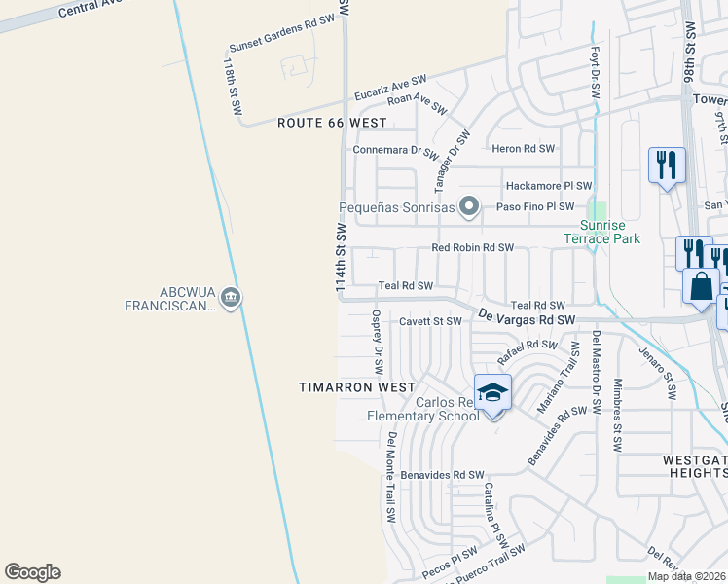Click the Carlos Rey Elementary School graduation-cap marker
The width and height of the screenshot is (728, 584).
pyautogui.click(x=492, y=391)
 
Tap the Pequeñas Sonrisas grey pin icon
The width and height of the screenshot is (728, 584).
pyautogui.click(x=469, y=206)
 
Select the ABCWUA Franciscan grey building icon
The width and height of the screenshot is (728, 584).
pyautogui.click(x=231, y=297)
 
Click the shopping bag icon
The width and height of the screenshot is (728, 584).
pyautogui.click(x=701, y=286)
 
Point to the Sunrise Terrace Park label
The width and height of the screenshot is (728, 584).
pyautogui.click(x=602, y=231)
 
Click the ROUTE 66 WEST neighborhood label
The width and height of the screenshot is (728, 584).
pyautogui.click(x=332, y=124)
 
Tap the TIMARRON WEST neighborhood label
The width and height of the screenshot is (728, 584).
pyautogui.click(x=356, y=387)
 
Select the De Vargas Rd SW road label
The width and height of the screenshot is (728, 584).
pyautogui.click(x=527, y=317)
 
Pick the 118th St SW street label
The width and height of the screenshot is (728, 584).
pyautogui.click(x=232, y=87)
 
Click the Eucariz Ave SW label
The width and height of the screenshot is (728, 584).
pyautogui.click(x=390, y=87)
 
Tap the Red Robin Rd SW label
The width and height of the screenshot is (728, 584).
pyautogui.click(x=472, y=248)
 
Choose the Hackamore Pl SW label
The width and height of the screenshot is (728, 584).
pyautogui.click(x=548, y=186)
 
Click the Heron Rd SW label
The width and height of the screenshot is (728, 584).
pyautogui.click(x=523, y=149)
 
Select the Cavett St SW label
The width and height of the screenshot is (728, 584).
pyautogui.click(x=430, y=320)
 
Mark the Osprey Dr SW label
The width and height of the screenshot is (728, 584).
pyautogui.click(x=377, y=343)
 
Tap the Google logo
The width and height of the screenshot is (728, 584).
pyautogui.click(x=32, y=572)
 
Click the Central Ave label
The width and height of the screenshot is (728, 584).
pyautogui.click(x=92, y=10)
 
